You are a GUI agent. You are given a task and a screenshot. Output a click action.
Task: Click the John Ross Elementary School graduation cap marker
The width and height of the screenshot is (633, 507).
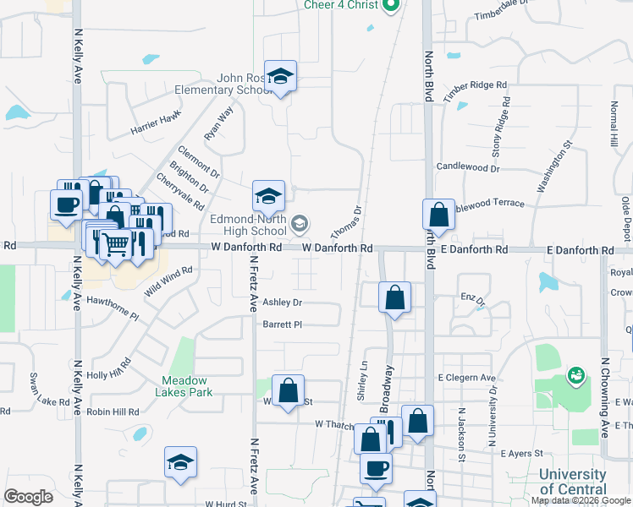tap(280, 77)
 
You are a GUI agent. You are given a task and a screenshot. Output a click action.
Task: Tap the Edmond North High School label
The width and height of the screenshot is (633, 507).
tap(248, 225)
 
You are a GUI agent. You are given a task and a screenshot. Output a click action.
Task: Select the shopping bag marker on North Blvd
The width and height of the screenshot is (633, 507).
tap(439, 215)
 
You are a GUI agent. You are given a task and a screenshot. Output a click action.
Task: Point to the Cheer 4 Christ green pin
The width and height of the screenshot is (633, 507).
tap(390, 7)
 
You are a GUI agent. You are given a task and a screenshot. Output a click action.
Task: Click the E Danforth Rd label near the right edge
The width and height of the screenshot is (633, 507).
tap(580, 251)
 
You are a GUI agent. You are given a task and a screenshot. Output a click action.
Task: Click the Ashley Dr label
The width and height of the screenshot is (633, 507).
tap(282, 303)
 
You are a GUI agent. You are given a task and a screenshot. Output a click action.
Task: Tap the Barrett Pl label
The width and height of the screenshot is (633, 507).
tap(282, 324)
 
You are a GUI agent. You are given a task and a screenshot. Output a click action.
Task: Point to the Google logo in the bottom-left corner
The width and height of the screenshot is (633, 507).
tap(28, 497)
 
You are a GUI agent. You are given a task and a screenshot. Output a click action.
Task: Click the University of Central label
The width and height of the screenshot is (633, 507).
tap(572, 482)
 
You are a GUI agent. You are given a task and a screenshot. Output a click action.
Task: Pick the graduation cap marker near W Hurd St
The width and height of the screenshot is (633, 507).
tap(180, 462)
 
